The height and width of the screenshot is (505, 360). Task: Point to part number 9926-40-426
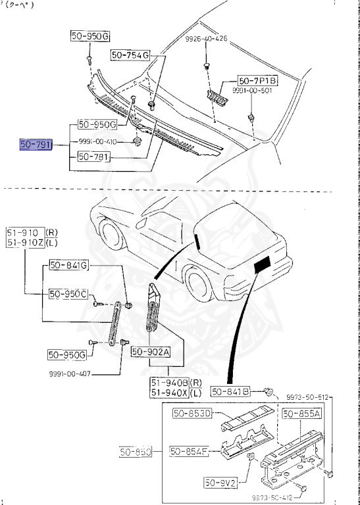tap(206, 39)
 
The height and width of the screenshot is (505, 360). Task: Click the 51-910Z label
tap(25, 243)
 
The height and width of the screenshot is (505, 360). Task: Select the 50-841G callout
tap(68, 266)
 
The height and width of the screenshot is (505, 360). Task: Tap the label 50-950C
tap(68, 293)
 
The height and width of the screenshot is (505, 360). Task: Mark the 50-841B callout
tap(230, 392)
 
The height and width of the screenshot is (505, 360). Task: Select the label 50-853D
tap(192, 414)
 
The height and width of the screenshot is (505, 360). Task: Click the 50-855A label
tap(301, 414)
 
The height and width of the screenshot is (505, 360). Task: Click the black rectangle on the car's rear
tap(263, 266)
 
